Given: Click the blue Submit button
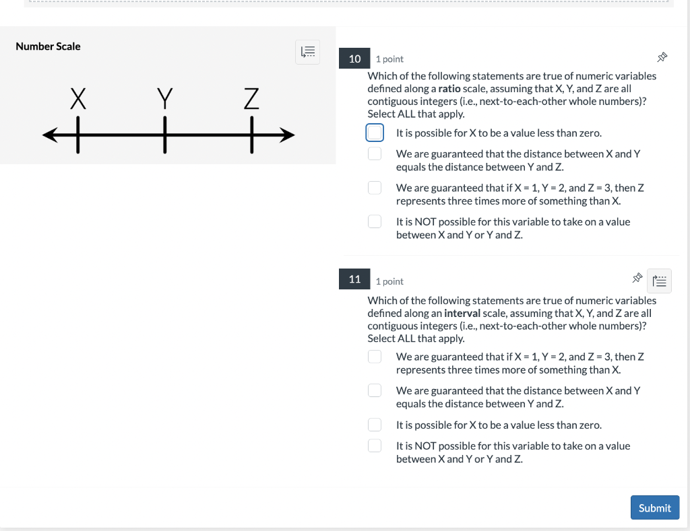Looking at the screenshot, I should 654,507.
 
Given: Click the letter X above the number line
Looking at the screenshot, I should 78,100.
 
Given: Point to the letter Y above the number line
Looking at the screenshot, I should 164,100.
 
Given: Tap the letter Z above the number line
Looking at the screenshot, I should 251,100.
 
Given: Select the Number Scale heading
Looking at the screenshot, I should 48,46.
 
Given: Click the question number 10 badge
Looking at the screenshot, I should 354,59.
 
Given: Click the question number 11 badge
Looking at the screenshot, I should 354,279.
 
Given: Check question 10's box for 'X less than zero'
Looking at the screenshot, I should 375,133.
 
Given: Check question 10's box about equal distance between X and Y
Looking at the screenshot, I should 375,154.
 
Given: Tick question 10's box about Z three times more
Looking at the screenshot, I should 375,188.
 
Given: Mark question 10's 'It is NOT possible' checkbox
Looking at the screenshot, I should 375,221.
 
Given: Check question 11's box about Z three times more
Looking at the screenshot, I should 375,357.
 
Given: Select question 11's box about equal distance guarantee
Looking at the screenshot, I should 375,390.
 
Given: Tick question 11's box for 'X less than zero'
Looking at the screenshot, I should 375,425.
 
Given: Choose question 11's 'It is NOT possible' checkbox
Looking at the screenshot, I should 375,446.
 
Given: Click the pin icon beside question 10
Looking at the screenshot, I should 662,58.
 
